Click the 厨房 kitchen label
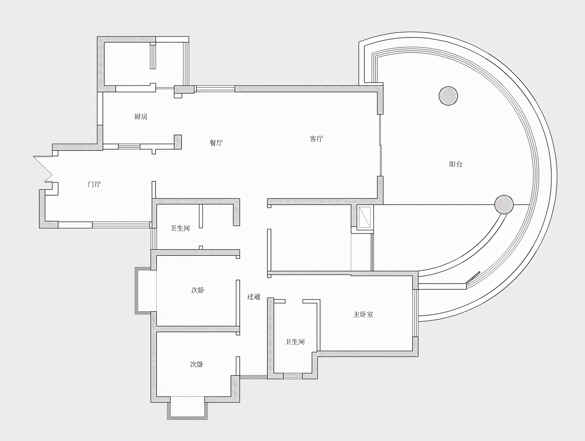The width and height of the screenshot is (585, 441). [141, 117]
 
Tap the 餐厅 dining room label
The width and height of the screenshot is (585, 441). [216, 143]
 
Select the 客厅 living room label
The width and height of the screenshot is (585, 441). [316, 139]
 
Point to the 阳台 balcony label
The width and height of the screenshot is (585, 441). [456, 164]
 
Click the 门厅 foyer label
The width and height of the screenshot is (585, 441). [94, 184]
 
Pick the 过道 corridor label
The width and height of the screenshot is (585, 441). [254, 297]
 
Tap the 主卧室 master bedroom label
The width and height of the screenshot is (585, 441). [363, 314]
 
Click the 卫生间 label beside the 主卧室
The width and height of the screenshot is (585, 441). [295, 342]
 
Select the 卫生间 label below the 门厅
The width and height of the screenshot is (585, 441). [180, 228]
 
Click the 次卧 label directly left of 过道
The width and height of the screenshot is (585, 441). [198, 290]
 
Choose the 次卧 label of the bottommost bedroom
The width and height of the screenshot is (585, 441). [197, 364]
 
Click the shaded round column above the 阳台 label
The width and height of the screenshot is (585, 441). [448, 96]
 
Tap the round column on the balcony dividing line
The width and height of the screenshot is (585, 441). [504, 204]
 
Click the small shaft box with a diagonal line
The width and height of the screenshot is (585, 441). [365, 217]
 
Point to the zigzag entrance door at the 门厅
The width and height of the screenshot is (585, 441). [43, 169]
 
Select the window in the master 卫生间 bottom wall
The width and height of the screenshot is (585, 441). [293, 376]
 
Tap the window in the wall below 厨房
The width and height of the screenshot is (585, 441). [129, 147]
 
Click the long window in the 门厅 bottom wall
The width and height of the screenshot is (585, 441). [121, 225]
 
